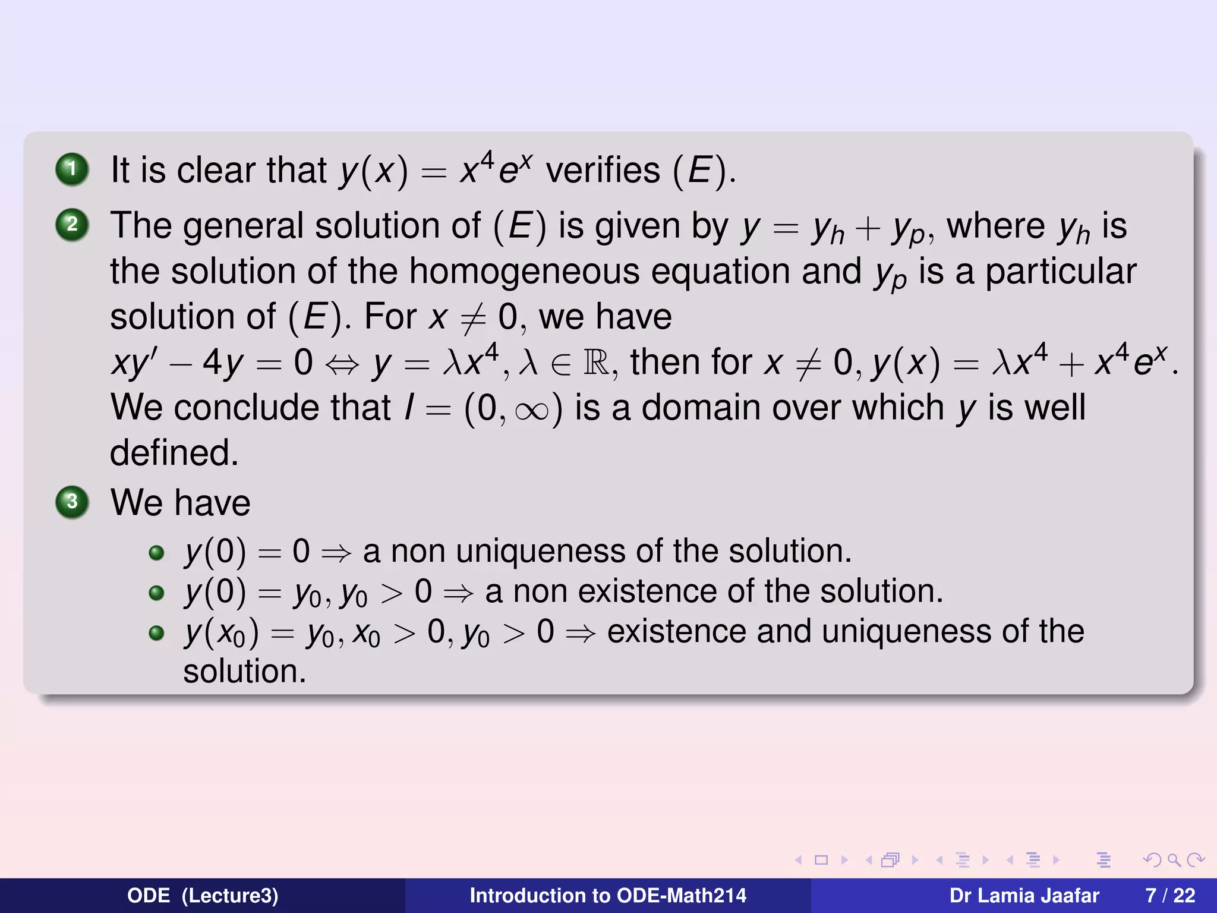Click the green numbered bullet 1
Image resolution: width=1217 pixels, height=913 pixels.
point(72,169)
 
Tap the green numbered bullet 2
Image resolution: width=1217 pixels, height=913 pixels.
point(72,225)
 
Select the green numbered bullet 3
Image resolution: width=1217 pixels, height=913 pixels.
point(72,502)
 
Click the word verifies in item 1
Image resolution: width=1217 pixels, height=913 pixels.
point(603,170)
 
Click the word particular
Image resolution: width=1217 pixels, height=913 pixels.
point(1061,272)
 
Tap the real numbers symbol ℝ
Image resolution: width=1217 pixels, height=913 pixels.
point(596,363)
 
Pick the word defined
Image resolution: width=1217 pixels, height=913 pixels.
point(174,453)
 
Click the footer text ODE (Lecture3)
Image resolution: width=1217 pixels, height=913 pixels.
point(203,896)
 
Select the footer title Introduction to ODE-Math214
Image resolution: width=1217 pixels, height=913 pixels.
point(608,896)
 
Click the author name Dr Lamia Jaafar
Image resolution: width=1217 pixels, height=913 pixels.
point(1024,896)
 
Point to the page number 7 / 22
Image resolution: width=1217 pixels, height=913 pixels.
point(1170,896)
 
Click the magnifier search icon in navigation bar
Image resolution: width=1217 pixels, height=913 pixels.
point(1174,860)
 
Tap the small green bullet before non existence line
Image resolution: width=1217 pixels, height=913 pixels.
point(156,593)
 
